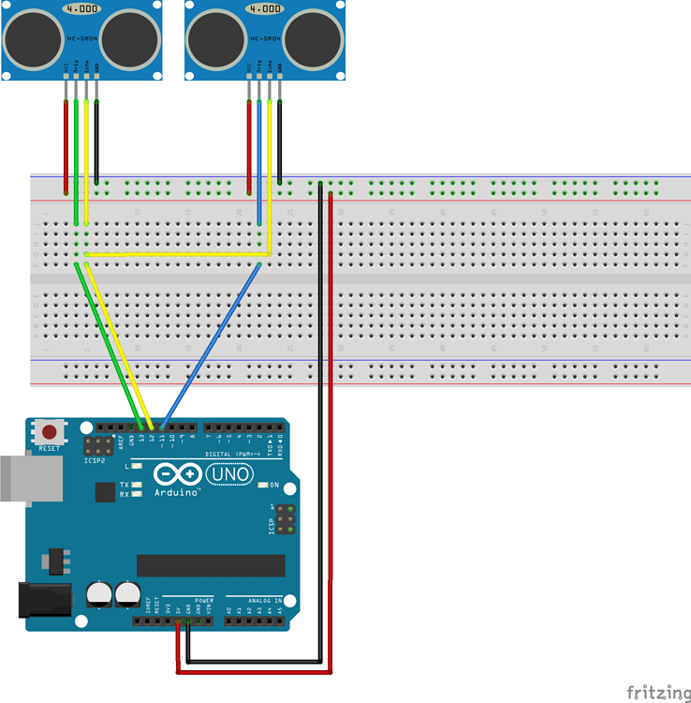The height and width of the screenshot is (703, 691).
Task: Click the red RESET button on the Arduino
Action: click(49, 433)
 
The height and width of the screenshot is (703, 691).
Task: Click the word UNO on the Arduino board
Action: click(230, 474)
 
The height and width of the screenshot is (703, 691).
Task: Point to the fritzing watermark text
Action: click(658, 693)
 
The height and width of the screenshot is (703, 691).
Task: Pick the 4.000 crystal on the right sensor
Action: click(265, 8)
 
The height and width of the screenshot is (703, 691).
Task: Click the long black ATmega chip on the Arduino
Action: click(211, 565)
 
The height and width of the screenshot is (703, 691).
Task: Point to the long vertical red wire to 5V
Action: click(332, 422)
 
